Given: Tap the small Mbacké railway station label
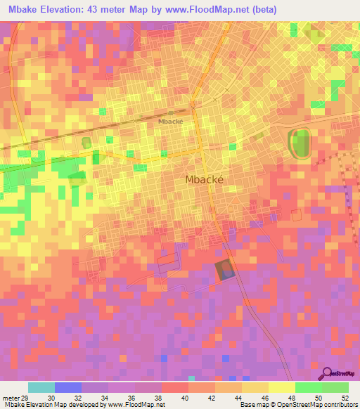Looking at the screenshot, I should pos(171,121).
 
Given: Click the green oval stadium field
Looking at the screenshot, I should pos(300,143).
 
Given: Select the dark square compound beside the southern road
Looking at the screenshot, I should pos(224,270).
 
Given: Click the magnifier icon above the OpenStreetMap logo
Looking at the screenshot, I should pos(326,372).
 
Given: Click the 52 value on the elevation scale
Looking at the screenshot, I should pos(344,397).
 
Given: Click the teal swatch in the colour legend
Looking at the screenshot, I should pos(41,387).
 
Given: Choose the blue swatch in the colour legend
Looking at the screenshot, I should pos(67,387).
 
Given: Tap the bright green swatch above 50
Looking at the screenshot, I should pos(309,387).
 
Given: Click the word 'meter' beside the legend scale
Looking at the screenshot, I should pos(9,397).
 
